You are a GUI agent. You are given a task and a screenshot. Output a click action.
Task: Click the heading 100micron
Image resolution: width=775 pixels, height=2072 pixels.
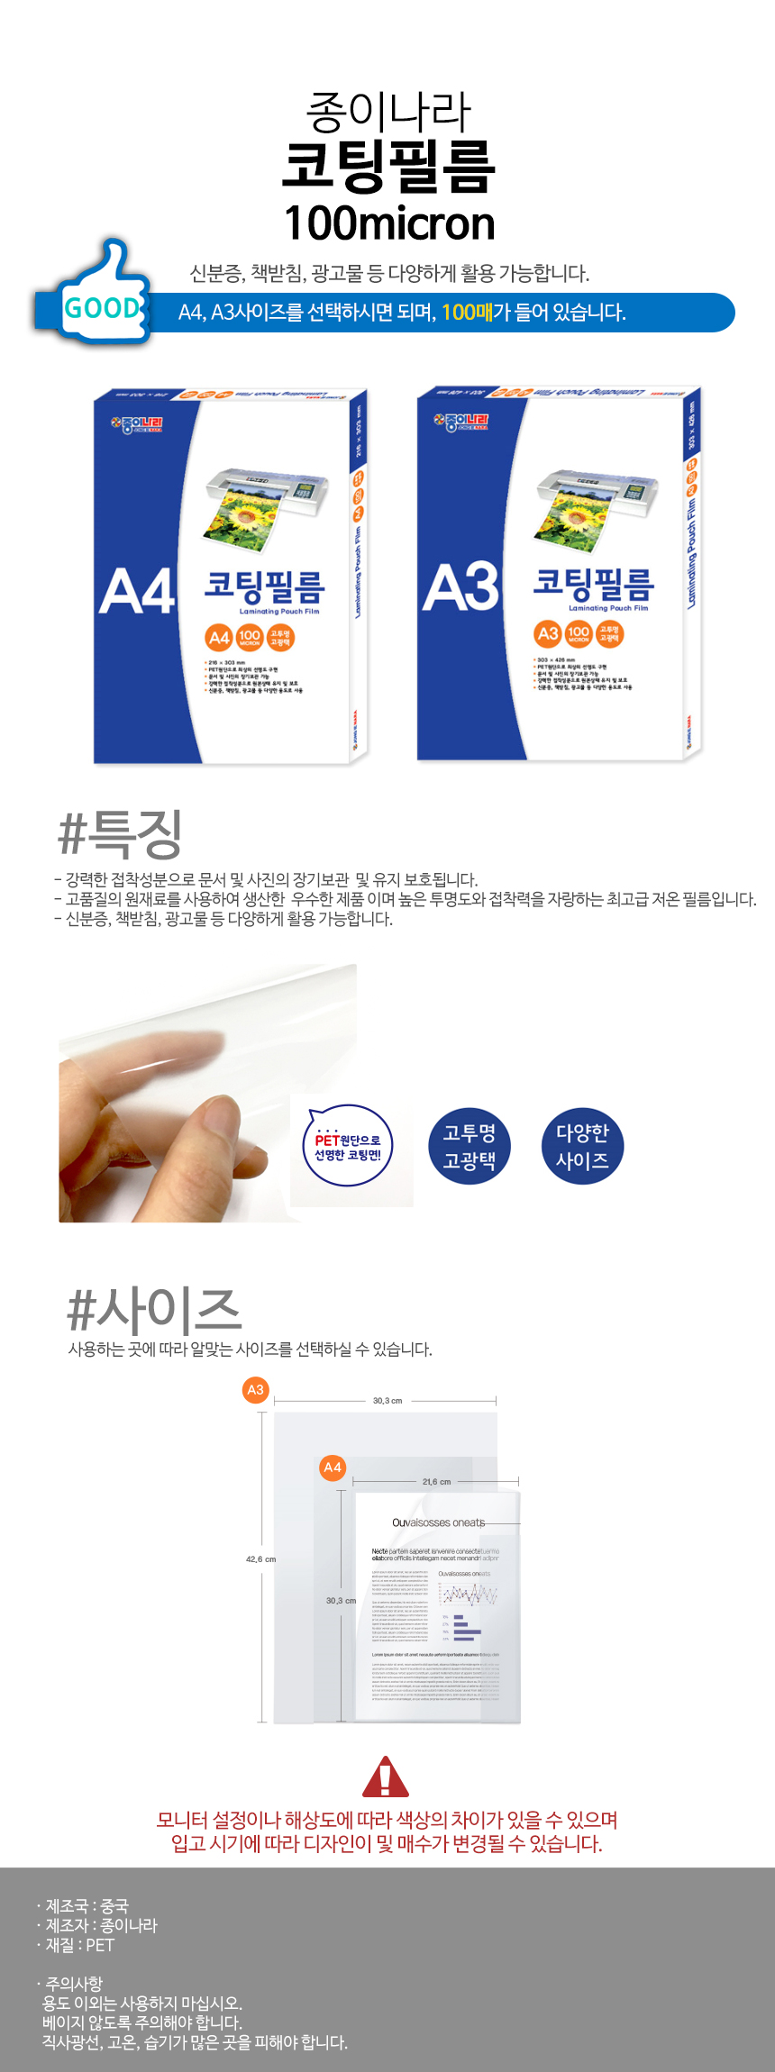pyautogui.click(x=389, y=223)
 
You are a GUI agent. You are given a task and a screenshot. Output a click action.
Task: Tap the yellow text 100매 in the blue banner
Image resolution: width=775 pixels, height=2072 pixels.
pyautogui.click(x=467, y=313)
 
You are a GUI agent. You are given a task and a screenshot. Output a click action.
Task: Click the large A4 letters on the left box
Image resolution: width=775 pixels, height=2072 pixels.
pyautogui.click(x=137, y=593)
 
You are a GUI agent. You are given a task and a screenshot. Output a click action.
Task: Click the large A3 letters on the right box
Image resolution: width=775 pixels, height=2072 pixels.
pyautogui.click(x=460, y=587)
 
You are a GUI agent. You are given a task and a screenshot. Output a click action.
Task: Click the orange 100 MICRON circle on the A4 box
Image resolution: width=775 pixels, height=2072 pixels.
pyautogui.click(x=250, y=638)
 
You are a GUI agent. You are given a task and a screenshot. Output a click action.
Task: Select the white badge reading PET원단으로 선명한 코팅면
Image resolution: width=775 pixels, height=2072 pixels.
pyautogui.click(x=348, y=1147)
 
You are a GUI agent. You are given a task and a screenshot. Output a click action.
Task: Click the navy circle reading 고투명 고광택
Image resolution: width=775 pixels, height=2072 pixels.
pyautogui.click(x=469, y=1146)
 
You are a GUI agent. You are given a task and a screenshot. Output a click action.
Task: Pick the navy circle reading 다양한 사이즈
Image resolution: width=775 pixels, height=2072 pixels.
pyautogui.click(x=582, y=1146)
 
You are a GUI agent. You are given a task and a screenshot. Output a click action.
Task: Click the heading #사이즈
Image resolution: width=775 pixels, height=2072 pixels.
pyautogui.click(x=155, y=1310)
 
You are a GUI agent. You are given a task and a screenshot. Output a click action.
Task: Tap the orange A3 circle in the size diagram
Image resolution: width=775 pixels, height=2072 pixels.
pyautogui.click(x=256, y=1389)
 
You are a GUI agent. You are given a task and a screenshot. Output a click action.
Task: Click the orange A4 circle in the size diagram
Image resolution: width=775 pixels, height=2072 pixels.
pyautogui.click(x=333, y=1467)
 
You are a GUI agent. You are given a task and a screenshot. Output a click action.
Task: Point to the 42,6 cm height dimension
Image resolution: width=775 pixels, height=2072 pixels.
pyautogui.click(x=260, y=1559)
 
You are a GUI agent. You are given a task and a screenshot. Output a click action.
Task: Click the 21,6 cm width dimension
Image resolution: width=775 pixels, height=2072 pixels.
pyautogui.click(x=436, y=1481)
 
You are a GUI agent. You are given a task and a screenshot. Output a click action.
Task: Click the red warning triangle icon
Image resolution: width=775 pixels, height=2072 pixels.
pyautogui.click(x=386, y=1777)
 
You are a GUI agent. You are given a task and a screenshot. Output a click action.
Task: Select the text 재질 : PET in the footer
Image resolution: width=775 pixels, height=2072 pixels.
pyautogui.click(x=80, y=1945)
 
